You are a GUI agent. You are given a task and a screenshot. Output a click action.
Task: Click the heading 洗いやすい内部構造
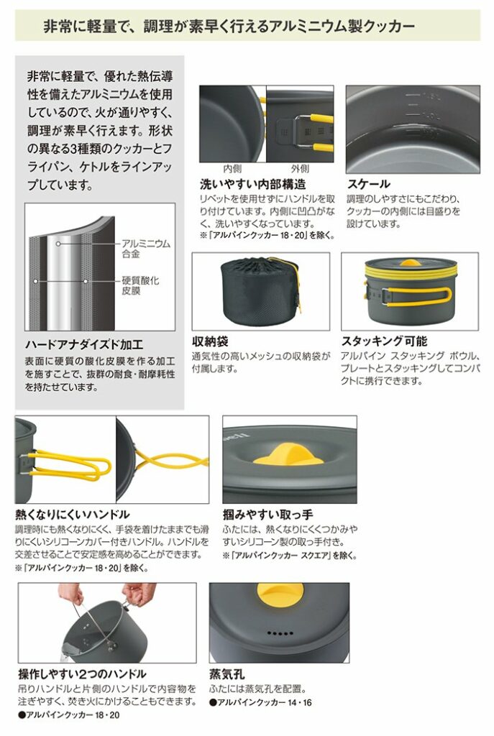[252, 184]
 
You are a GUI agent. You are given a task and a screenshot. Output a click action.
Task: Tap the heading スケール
[369, 184]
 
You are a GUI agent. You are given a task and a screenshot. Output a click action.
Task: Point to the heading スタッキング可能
[384, 341]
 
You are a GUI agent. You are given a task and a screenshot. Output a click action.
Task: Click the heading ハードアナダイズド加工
[84, 344]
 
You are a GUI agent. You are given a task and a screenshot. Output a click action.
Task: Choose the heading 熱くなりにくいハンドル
[73, 515]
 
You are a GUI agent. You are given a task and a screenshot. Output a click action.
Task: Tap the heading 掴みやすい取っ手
[267, 515]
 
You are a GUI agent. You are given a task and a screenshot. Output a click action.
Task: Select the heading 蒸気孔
[227, 675]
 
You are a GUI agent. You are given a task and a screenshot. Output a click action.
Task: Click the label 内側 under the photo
[232, 169]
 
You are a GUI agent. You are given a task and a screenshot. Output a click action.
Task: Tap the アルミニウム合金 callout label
[146, 249]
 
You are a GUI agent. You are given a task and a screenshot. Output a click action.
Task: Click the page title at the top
[229, 27]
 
